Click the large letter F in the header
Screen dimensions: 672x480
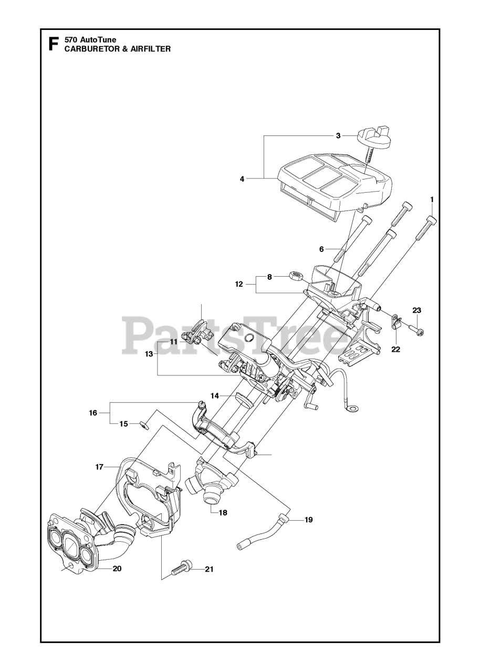[x=53, y=43]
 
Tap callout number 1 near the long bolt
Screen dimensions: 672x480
[x=432, y=199]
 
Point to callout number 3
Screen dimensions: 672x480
[x=338, y=135]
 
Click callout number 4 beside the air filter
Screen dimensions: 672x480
[x=242, y=178]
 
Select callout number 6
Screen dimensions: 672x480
[x=321, y=249]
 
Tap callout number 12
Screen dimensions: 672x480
[x=239, y=284]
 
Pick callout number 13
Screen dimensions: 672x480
[x=149, y=354]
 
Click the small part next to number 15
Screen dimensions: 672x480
[x=143, y=424]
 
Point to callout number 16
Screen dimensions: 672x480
[x=93, y=413]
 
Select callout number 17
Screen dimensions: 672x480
[x=99, y=466]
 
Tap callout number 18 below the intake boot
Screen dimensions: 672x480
[x=223, y=512]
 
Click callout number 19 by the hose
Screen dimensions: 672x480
[x=308, y=520]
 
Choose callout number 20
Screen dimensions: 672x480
[x=117, y=569]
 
